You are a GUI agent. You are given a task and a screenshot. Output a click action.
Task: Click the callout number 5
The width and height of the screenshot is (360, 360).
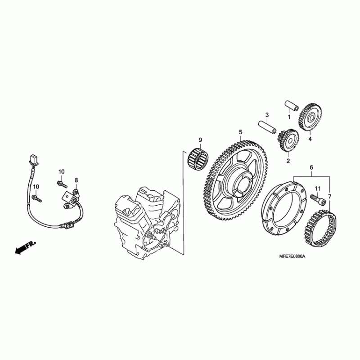coord(240,132)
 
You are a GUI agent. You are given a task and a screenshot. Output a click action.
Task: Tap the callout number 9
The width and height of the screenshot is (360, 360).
coord(200,140)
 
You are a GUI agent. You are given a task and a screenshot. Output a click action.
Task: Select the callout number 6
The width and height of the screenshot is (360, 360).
coord(311,167)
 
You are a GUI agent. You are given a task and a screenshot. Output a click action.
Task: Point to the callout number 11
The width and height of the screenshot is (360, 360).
coord(318,189)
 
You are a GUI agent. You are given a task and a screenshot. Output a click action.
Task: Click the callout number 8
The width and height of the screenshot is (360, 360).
coord(76,180)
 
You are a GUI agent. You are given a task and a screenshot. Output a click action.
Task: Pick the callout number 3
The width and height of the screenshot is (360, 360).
coord(267,115)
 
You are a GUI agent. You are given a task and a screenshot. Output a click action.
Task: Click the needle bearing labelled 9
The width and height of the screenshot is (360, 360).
coord(198,158)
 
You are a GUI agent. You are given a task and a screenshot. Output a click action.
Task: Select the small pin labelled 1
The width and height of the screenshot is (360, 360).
coord(292,105)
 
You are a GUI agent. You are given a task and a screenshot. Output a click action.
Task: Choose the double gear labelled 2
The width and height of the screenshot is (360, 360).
coord(288,140)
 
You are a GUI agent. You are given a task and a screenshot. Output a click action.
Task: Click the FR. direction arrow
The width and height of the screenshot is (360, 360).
coord(25,247)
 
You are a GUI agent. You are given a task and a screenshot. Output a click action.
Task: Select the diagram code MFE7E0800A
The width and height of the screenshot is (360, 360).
coord(292,256)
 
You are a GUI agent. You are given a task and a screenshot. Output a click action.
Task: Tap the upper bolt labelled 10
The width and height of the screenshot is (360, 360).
coord(62,184)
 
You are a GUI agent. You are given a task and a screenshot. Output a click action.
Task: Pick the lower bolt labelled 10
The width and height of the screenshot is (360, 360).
coord(37,198)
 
